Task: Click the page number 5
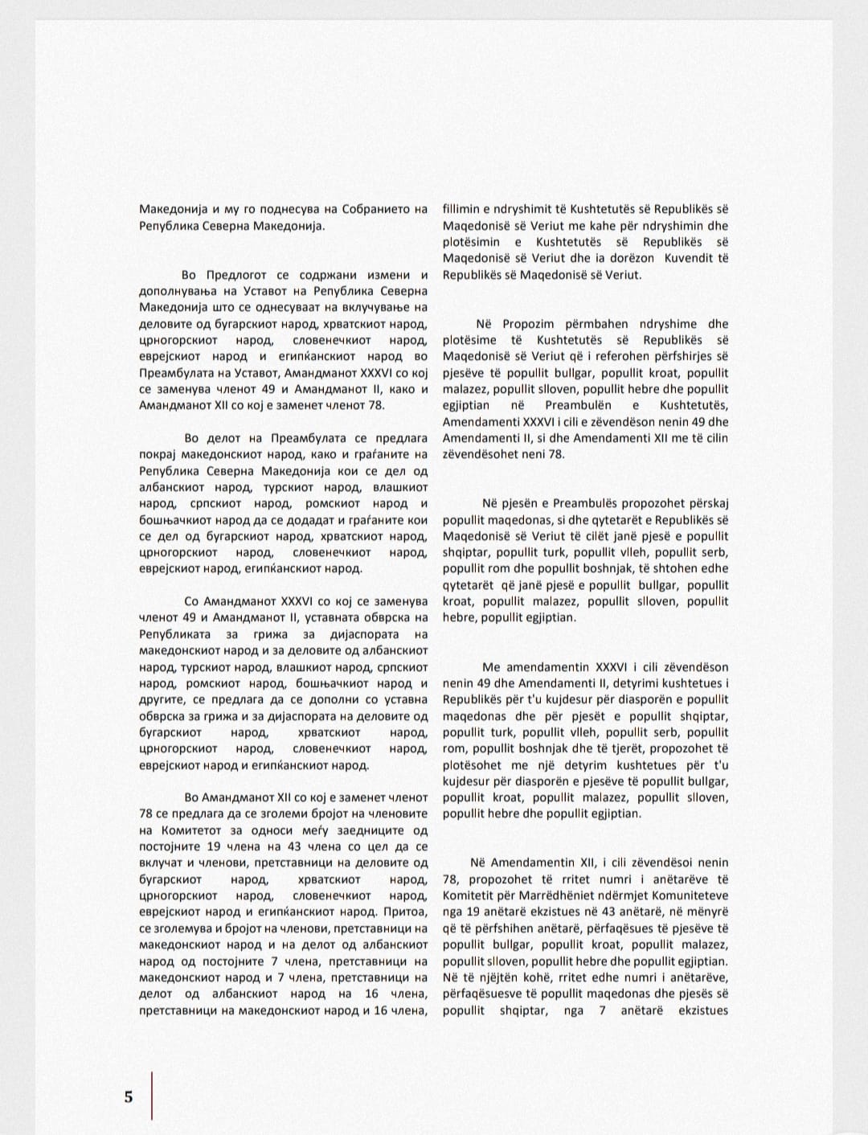pos(129,1096)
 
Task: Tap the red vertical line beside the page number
pos(152,1095)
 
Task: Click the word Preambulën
pos(578,406)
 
